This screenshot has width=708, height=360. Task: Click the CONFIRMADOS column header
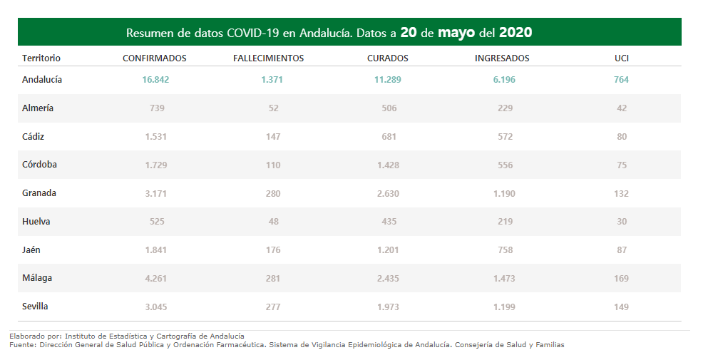[155, 58]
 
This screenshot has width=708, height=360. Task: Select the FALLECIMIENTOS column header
[268, 58]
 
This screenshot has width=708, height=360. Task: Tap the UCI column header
[621, 58]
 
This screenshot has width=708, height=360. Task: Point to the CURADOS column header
[387, 58]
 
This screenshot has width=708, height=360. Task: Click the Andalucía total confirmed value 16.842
[155, 80]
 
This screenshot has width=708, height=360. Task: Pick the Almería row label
[38, 108]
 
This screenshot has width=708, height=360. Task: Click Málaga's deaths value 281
[272, 278]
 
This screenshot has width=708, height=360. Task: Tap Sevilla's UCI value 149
[621, 307]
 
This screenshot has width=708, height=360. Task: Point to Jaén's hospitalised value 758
[505, 250]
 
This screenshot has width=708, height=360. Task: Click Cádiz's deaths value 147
[272, 136]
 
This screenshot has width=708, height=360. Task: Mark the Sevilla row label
[36, 307]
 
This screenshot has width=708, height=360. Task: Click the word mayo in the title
[456, 33]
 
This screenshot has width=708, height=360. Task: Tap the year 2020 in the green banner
[515, 33]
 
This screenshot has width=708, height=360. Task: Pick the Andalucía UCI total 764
[621, 80]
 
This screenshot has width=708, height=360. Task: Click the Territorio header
[41, 58]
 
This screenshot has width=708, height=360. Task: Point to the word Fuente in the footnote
[22, 345]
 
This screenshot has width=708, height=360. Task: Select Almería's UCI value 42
[622, 108]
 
